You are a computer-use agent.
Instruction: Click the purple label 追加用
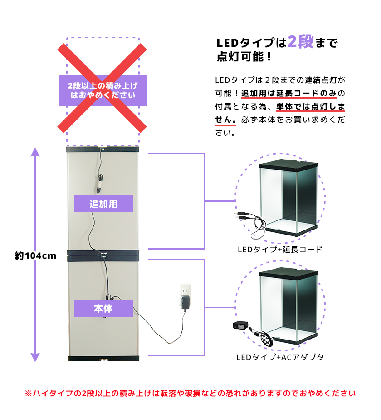(x=103, y=204)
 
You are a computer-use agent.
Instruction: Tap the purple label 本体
(x=103, y=309)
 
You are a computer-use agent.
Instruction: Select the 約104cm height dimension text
(x=35, y=255)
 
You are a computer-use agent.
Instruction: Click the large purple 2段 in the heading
(x=300, y=43)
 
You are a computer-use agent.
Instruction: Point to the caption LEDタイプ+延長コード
(x=280, y=250)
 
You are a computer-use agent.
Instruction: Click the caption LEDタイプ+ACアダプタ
(x=280, y=357)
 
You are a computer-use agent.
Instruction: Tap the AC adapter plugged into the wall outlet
(x=185, y=303)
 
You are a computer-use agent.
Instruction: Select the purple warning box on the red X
(x=103, y=90)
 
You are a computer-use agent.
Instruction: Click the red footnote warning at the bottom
(x=190, y=393)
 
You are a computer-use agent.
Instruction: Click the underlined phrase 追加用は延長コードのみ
(x=289, y=94)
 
